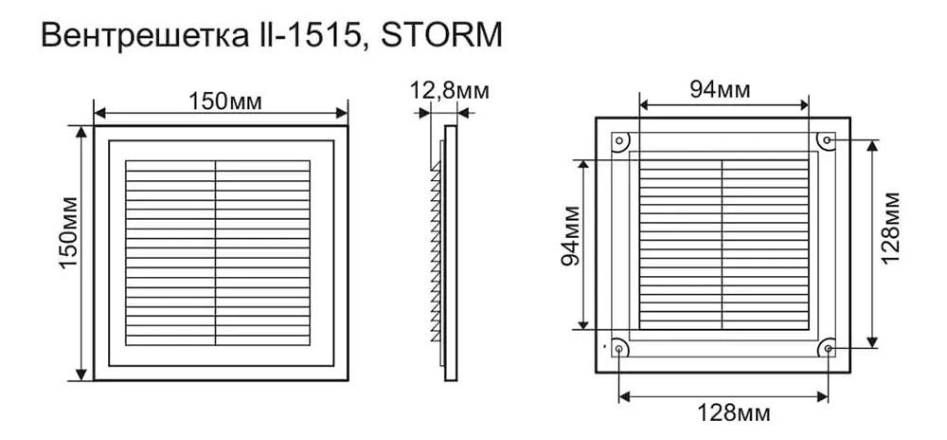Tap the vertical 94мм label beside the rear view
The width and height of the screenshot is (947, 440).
click(570, 245)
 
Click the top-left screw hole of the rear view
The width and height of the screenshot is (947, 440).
click(618, 141)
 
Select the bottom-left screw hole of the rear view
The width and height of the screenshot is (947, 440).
click(618, 350)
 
